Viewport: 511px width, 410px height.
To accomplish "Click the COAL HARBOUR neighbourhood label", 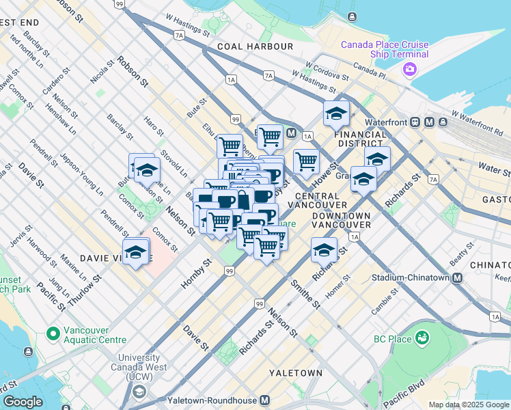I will click(255, 46).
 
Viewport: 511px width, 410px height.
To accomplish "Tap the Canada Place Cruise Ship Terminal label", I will click(385, 49).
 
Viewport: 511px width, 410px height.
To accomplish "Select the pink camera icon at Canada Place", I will click(410, 68).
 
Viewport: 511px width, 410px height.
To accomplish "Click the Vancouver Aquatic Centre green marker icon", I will click(52, 334).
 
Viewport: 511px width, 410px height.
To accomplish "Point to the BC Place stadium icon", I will click(422, 338).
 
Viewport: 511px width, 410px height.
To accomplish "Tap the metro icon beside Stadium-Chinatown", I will click(457, 278).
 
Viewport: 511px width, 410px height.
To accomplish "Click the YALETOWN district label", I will click(295, 373).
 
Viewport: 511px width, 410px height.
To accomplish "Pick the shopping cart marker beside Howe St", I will click(306, 161).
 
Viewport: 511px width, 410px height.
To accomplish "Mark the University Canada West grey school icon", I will click(139, 391).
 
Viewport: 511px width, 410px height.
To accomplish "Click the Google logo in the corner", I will click(22, 402).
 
